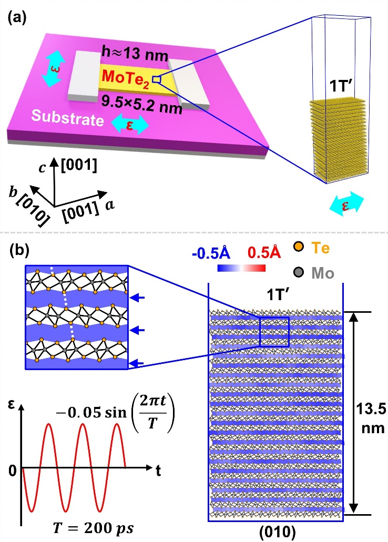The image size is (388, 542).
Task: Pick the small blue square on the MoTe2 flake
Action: [156, 79]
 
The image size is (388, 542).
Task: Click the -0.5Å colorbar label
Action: [216, 253]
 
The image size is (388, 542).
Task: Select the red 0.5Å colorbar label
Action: [263, 253]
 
